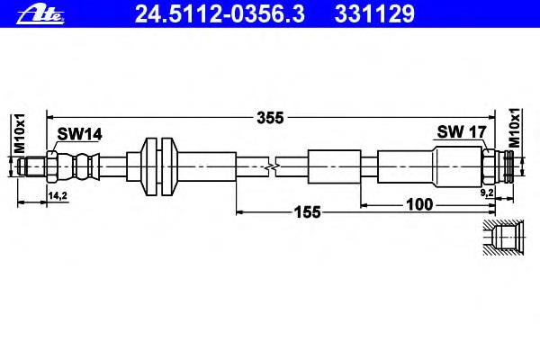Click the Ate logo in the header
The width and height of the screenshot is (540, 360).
tap(40, 14)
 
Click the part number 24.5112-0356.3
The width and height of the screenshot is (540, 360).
tap(220, 14)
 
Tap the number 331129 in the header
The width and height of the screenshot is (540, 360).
tap(374, 14)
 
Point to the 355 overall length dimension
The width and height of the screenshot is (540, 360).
tap(270, 118)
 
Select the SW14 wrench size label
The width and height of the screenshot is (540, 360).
tap(79, 134)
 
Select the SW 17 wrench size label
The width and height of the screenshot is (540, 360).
tap(462, 131)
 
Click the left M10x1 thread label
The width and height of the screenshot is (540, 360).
tap(20, 133)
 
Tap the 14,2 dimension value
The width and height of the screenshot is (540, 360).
tap(58, 195)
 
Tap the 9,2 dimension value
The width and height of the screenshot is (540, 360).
tap(487, 193)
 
